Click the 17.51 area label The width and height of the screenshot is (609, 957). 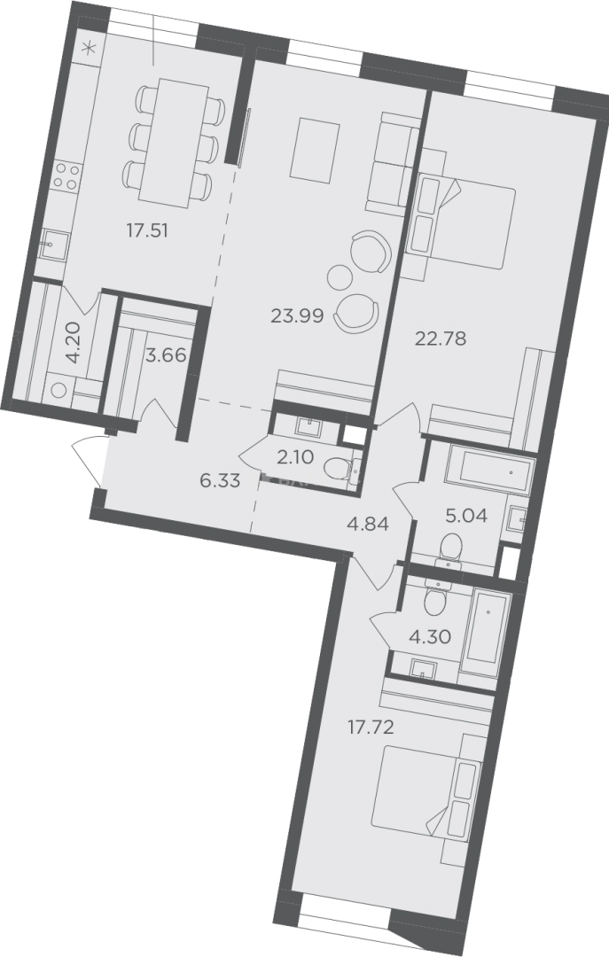[146, 230]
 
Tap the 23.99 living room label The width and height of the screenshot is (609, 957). [297, 315]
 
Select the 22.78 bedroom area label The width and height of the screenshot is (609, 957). [441, 338]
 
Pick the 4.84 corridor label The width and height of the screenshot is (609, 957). [367, 524]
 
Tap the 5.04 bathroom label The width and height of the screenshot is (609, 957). [466, 517]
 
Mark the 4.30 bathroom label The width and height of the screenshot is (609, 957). [429, 637]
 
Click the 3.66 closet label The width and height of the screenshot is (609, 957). [166, 354]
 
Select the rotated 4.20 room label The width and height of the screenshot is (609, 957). [72, 344]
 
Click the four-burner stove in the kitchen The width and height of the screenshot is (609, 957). [66, 175]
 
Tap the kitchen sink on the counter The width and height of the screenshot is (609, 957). [52, 245]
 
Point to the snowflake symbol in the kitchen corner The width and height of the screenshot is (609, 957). [90, 47]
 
